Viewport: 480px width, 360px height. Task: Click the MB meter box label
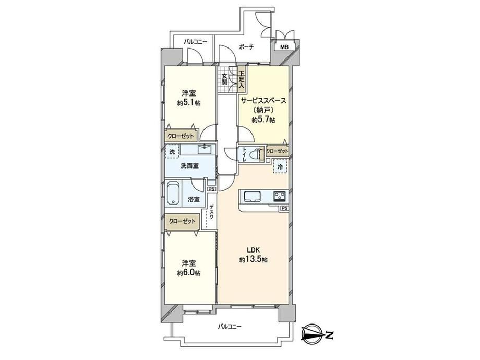(285, 47)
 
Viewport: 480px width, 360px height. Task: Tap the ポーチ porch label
(246, 47)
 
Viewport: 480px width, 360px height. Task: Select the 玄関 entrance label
(224, 79)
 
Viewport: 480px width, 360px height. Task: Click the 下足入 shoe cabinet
(242, 79)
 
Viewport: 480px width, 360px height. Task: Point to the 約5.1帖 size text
(189, 103)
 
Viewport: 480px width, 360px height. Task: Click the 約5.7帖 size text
(263, 120)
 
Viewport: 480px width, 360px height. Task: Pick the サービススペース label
(263, 100)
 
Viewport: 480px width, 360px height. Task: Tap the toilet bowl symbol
(254, 154)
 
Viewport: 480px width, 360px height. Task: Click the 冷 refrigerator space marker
(280, 166)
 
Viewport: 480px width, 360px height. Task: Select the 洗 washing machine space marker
(172, 151)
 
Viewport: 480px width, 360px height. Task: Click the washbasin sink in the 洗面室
(205, 149)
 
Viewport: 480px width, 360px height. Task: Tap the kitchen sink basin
(251, 196)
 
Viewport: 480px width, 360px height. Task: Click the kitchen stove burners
(280, 196)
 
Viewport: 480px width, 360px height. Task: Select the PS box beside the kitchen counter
(284, 209)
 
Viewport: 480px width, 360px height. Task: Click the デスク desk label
(211, 212)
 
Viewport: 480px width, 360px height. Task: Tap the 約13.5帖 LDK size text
(254, 260)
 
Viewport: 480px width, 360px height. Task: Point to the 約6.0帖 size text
(189, 273)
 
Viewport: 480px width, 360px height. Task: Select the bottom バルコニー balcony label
(230, 327)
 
